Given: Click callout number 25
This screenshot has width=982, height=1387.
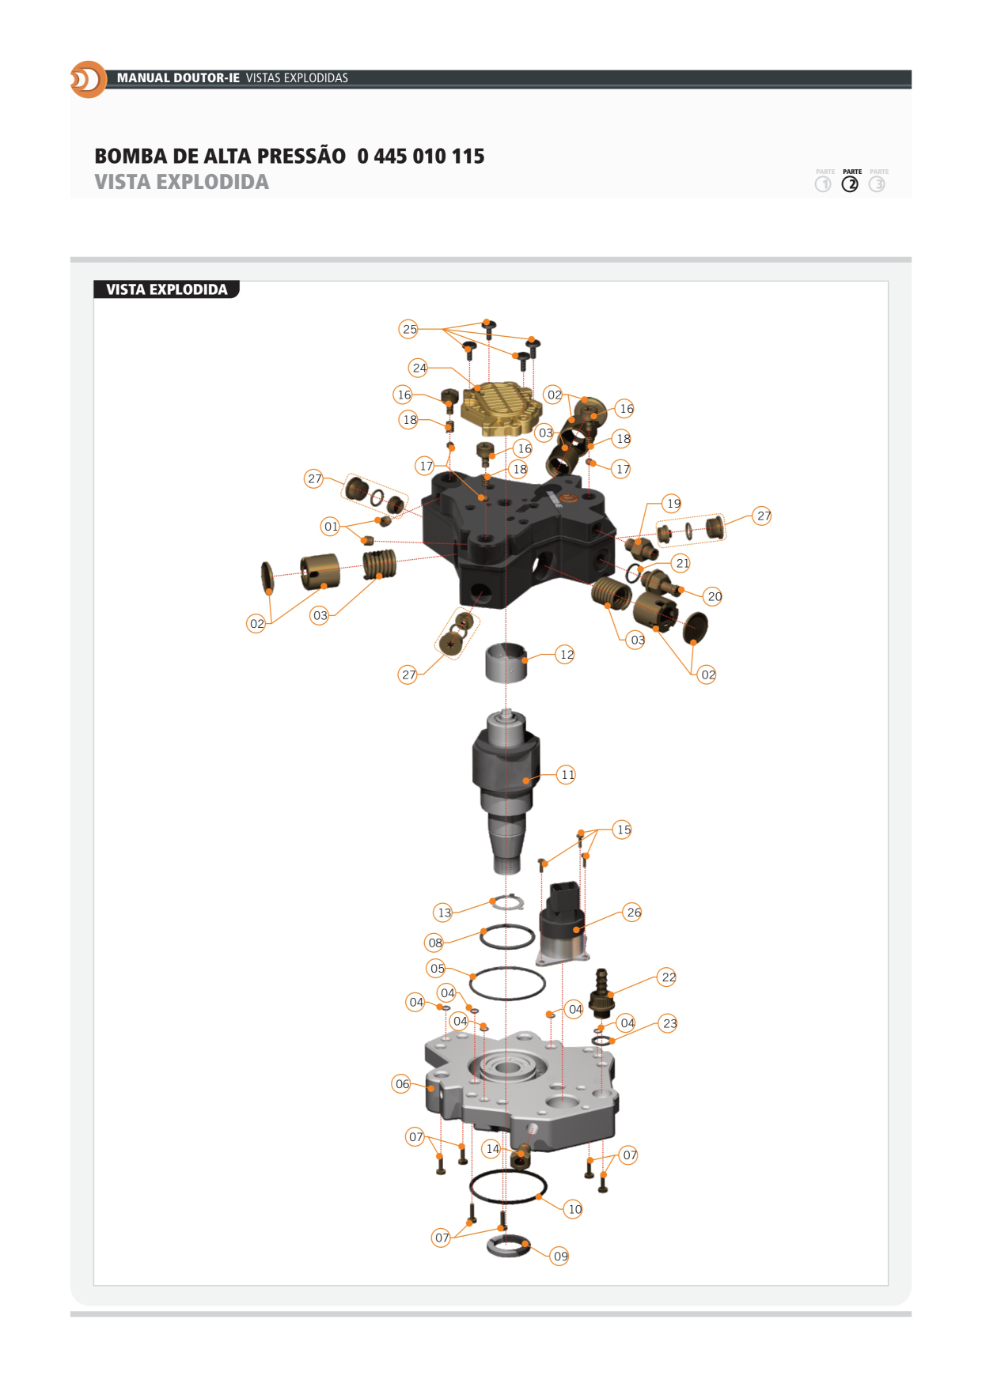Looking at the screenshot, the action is click(409, 329).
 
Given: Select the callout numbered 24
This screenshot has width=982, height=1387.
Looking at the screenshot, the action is click(419, 368).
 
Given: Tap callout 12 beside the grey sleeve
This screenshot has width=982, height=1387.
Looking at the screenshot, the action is click(566, 655).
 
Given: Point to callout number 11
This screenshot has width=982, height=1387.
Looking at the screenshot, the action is click(567, 775).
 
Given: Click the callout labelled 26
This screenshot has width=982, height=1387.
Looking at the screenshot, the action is click(633, 913).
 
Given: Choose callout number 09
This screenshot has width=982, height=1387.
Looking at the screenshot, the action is click(560, 1256).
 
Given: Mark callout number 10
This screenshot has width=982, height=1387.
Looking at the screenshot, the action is click(574, 1209).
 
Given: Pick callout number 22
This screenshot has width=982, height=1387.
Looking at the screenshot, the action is click(668, 977).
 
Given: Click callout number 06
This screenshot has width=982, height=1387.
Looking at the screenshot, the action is click(402, 1084).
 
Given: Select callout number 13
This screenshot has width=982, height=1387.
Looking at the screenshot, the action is click(444, 913).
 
